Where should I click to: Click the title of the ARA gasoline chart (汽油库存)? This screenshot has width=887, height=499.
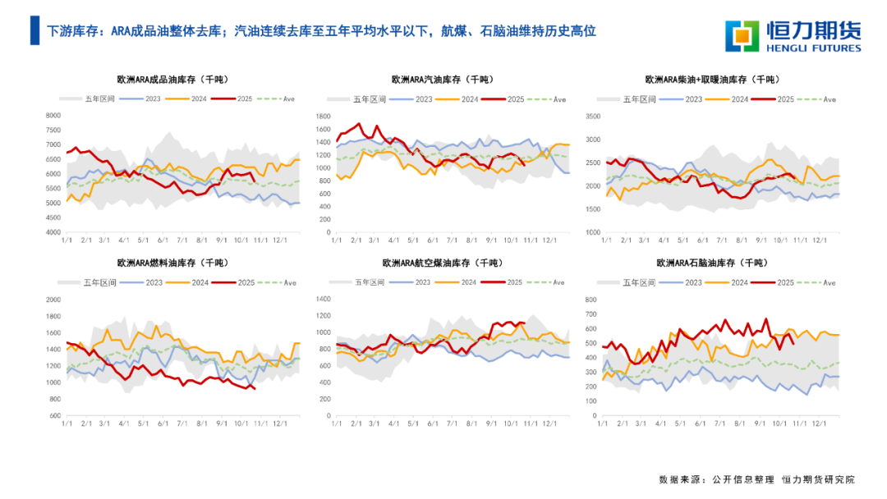point(443,80)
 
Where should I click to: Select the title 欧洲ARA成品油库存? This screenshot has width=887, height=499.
point(172,80)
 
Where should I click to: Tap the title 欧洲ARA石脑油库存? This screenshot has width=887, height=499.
point(711,263)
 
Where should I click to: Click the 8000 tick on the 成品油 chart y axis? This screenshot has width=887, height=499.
point(52,116)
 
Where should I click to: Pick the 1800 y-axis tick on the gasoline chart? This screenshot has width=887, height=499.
point(322,116)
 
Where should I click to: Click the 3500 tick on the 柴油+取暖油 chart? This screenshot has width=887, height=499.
point(593,116)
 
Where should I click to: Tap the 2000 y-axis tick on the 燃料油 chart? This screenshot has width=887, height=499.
point(52,300)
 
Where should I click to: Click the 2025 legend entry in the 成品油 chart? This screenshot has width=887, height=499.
point(234,99)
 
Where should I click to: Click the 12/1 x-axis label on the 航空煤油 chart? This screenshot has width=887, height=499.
point(549,423)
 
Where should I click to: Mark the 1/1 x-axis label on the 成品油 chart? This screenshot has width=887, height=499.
point(66,240)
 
